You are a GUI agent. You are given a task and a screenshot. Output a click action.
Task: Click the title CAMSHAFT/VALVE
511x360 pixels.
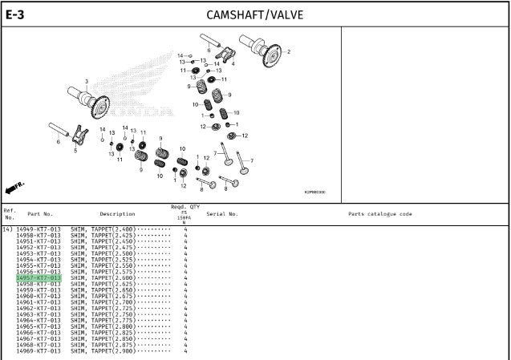click(254, 14)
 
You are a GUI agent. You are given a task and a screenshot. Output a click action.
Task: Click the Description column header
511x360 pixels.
click(117, 214)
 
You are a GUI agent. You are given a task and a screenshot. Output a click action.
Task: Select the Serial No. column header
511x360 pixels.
click(222, 214)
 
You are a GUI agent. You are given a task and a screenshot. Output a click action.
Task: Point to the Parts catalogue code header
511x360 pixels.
click(380, 214)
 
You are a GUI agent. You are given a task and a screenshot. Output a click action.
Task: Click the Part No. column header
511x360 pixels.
click(40, 214)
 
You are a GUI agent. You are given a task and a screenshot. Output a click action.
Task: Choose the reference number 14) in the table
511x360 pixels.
click(8, 230)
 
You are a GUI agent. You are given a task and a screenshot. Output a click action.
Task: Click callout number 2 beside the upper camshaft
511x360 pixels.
click(289, 52)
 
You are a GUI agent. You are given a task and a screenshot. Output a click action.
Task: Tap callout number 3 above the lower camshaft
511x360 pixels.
click(87, 81)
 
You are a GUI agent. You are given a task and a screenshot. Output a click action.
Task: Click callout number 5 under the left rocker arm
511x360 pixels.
click(75, 150)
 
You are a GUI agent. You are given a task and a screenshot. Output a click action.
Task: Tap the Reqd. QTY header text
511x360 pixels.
click(184, 207)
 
